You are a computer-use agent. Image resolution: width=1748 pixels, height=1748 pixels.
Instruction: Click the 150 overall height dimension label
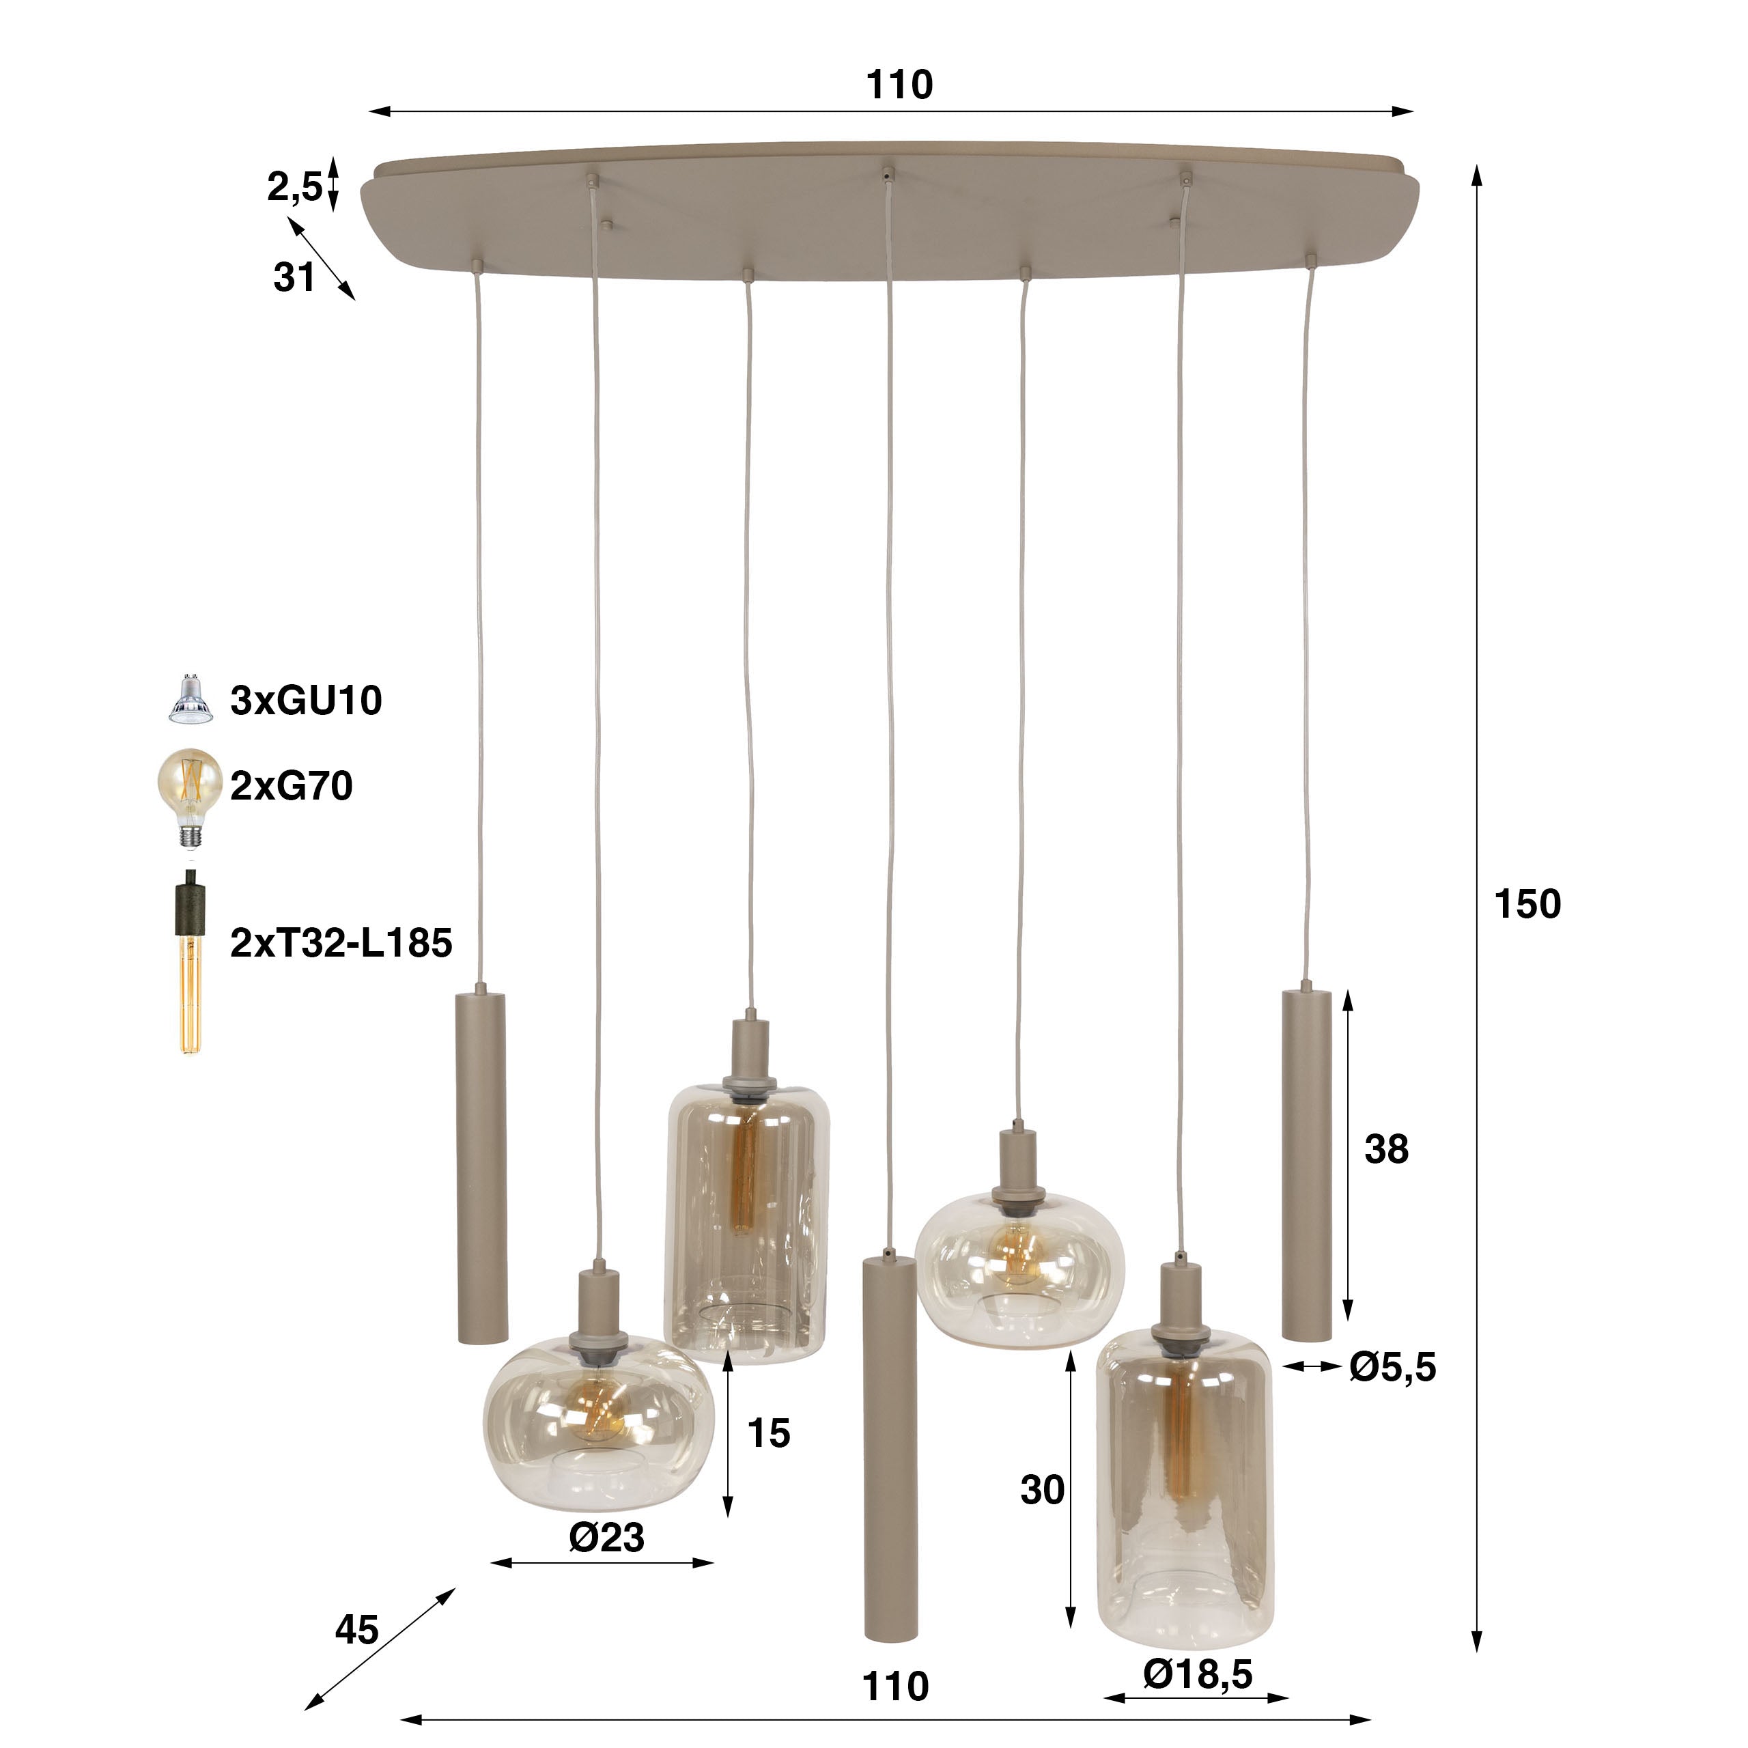click(1527, 904)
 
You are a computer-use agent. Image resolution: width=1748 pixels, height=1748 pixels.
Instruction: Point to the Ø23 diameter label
click(606, 1536)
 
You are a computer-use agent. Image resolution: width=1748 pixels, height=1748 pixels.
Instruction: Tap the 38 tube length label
click(1386, 1149)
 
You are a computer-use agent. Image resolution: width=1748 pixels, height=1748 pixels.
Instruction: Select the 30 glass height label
click(1042, 1489)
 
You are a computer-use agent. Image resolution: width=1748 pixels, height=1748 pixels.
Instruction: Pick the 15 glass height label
click(769, 1433)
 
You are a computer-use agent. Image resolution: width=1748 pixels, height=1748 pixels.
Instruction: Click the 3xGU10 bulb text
click(306, 701)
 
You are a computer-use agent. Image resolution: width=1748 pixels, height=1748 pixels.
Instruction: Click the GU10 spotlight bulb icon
click(190, 699)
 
